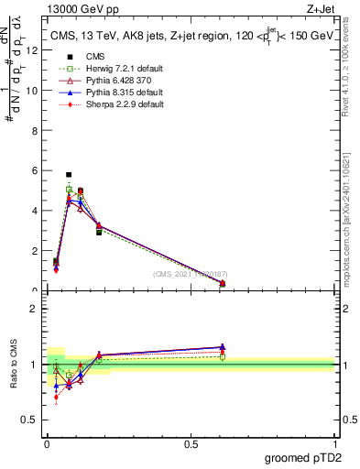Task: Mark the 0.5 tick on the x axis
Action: [x=191, y=444]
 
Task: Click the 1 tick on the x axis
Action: [x=334, y=444]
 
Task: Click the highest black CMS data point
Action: [x=69, y=174]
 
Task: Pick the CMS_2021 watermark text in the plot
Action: [x=190, y=274]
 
